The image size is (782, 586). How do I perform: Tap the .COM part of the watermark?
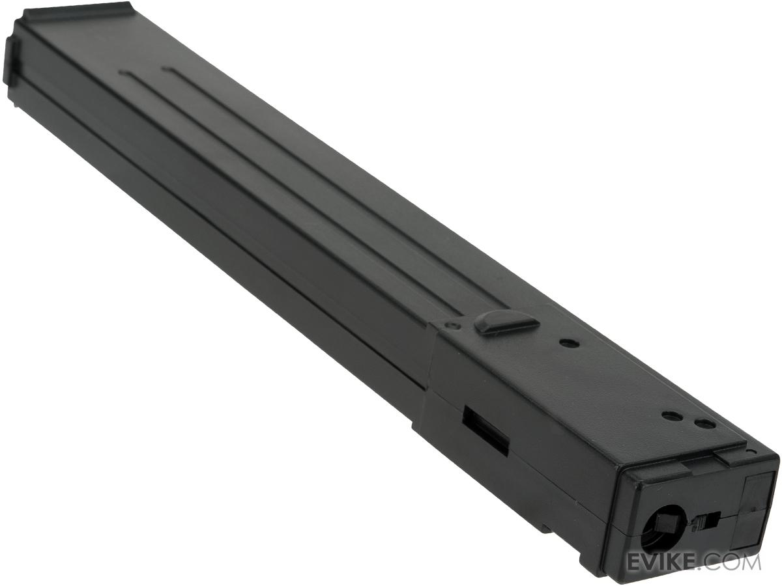point(731,563)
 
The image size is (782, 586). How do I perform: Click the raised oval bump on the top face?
point(505,323)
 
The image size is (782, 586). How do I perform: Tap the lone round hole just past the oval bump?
point(570,343)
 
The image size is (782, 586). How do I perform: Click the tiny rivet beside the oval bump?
point(453,324)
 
